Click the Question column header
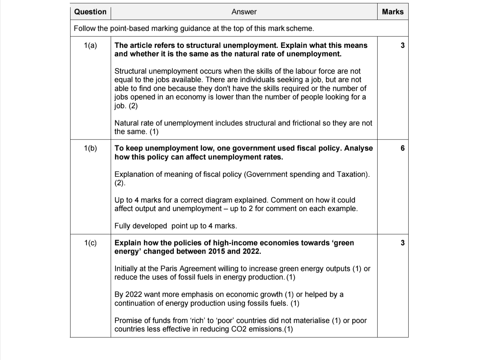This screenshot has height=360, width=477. click(90, 12)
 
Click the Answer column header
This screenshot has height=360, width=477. click(244, 12)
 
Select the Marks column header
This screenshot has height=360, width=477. click(392, 12)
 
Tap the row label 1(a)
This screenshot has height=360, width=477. click(90, 45)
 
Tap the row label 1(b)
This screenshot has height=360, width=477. click(90, 148)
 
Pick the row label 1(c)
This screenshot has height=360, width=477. click(90, 243)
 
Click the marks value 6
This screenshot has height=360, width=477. click(403, 148)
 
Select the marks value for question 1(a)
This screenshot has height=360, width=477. click(403, 45)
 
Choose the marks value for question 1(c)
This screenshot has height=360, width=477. click(403, 243)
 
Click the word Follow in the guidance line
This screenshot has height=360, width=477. click(84, 29)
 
